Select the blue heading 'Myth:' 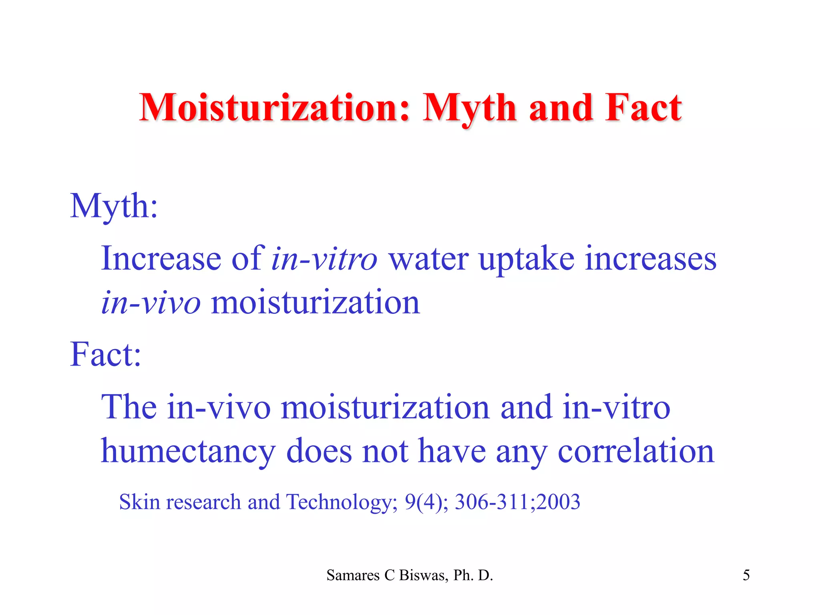coord(114,207)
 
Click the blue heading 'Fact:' coord(106,355)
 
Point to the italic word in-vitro coord(324,259)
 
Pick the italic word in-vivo coord(151,303)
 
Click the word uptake coord(527,259)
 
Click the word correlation coord(636,451)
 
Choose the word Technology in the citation coord(340,502)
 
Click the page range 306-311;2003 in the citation coord(517,502)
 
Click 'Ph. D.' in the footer coord(473,575)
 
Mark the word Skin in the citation coord(140,502)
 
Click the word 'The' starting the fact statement coord(129,407)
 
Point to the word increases coord(651,259)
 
